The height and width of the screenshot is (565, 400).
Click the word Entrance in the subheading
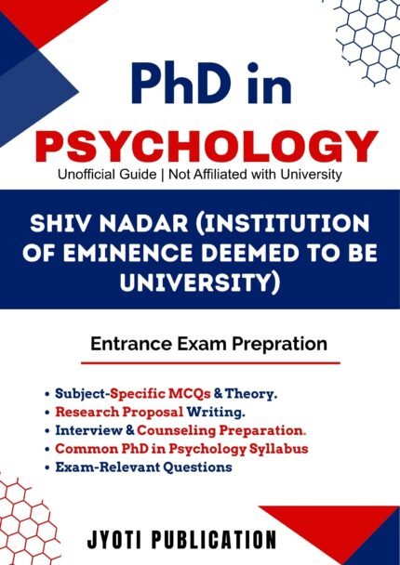coord(125,344)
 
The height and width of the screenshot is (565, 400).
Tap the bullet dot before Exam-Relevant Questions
coord(47,467)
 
